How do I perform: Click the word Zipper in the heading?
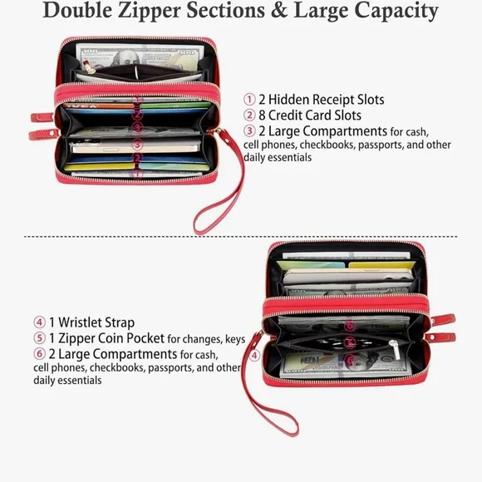point(150,11)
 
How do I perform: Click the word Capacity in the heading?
point(396,12)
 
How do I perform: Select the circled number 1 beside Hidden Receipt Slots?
point(249,100)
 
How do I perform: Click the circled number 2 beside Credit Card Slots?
point(249,116)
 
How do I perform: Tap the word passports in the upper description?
point(381,145)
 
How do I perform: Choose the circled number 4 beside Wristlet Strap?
point(39,322)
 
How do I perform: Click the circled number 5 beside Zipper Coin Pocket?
point(39,338)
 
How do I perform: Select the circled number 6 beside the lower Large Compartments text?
point(39,354)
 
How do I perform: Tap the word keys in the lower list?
point(235,339)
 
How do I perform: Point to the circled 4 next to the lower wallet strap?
point(254,356)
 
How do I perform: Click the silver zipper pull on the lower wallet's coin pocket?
point(395,350)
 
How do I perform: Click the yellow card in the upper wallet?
point(99,166)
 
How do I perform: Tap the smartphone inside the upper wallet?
point(135,147)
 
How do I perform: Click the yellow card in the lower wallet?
point(382,265)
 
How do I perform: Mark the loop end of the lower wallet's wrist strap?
point(289,428)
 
